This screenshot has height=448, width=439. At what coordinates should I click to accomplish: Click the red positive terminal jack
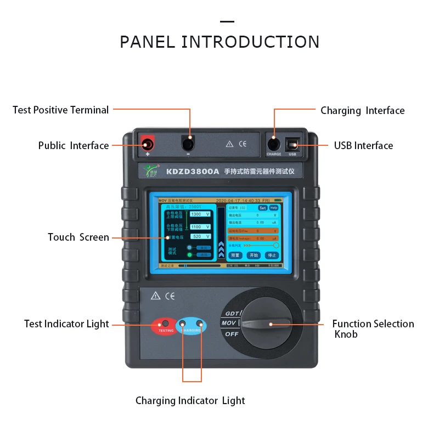pos(147,145)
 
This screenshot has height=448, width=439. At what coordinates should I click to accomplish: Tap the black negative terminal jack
pos(188,145)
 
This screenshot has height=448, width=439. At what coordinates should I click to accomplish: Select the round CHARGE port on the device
pos(274,145)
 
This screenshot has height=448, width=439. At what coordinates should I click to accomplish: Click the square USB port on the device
pos(292,145)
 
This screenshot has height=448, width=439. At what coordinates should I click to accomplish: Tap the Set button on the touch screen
pos(262,208)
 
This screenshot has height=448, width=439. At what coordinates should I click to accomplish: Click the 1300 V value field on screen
pos(200,214)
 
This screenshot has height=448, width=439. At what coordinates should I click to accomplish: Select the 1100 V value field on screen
pos(200,226)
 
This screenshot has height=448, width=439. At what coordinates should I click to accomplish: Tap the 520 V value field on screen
pos(200,236)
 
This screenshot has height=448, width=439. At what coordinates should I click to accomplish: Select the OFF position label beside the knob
pos(231,334)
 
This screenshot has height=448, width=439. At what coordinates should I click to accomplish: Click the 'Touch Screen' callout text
pos(78,237)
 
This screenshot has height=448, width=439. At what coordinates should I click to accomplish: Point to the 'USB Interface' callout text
pos(363,146)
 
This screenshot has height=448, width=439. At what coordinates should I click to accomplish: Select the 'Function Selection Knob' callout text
pos(373,329)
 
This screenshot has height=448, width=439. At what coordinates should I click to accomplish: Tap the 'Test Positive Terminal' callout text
pos(60,110)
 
